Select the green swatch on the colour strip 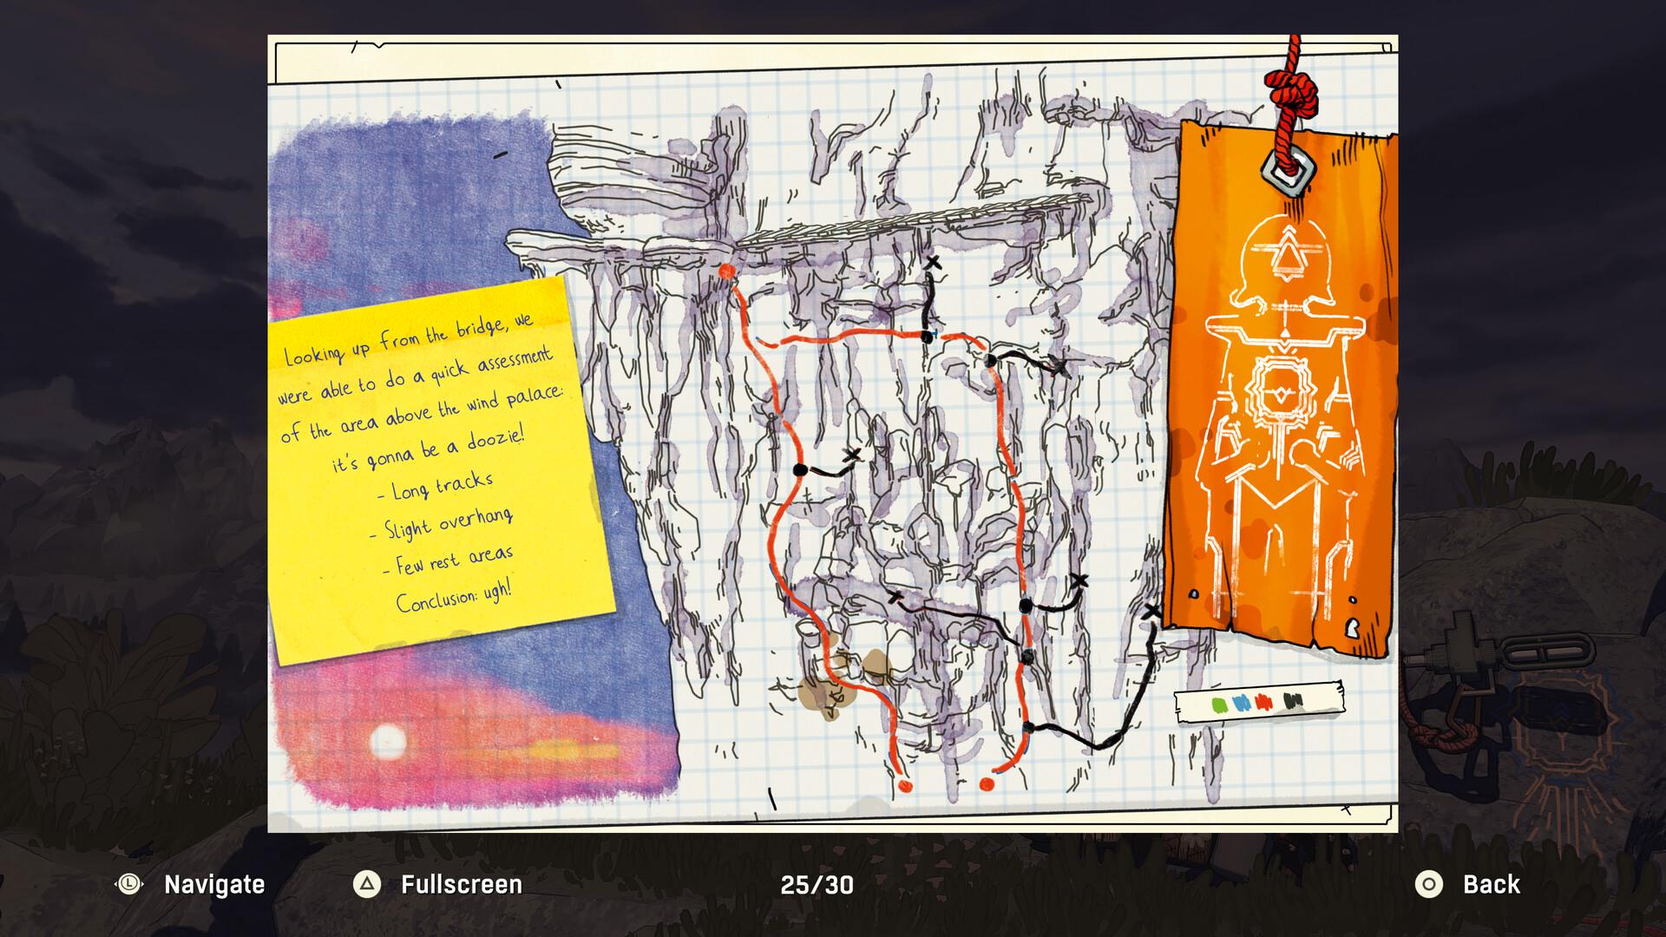tap(1218, 704)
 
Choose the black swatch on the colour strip tap(1293, 700)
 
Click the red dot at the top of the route tap(727, 272)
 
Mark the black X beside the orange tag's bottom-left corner tap(1151, 612)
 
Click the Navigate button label tap(214, 885)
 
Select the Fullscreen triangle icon tap(367, 885)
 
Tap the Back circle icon tap(1428, 885)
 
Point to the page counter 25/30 tap(817, 885)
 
